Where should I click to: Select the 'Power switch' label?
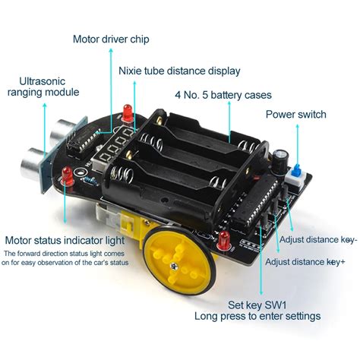point(295,115)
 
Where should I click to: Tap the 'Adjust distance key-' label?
point(317,240)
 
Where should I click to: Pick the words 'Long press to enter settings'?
point(257,317)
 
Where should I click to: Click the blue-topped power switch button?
point(297,169)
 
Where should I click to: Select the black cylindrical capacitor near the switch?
point(281,158)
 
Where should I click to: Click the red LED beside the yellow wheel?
point(224,242)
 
